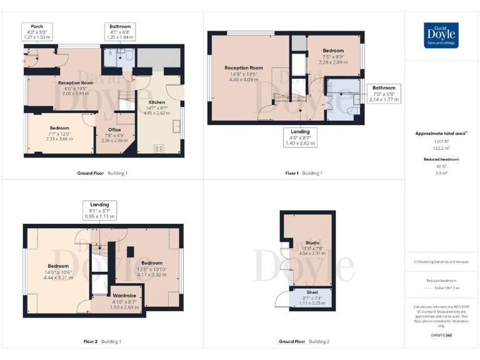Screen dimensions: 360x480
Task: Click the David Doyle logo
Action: pyautogui.click(x=441, y=35)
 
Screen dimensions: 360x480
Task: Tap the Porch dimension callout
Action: pyautogui.click(x=37, y=32)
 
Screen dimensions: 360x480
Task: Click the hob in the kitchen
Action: pyautogui.click(x=159, y=149)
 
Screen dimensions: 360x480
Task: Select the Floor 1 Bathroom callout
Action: pyautogui.click(x=384, y=93)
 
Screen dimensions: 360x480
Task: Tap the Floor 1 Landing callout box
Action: pyautogui.click(x=300, y=137)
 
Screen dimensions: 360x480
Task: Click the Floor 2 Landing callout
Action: pyautogui.click(x=99, y=210)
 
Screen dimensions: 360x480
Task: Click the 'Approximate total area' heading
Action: pyautogui.click(x=441, y=133)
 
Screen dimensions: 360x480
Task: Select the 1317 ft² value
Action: pyautogui.click(x=441, y=142)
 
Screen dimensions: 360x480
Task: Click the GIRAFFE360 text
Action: pyautogui.click(x=441, y=336)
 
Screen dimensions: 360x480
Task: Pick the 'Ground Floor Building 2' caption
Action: pyautogui.click(x=304, y=341)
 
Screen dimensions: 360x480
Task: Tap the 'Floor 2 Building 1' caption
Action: pyautogui.click(x=102, y=341)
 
